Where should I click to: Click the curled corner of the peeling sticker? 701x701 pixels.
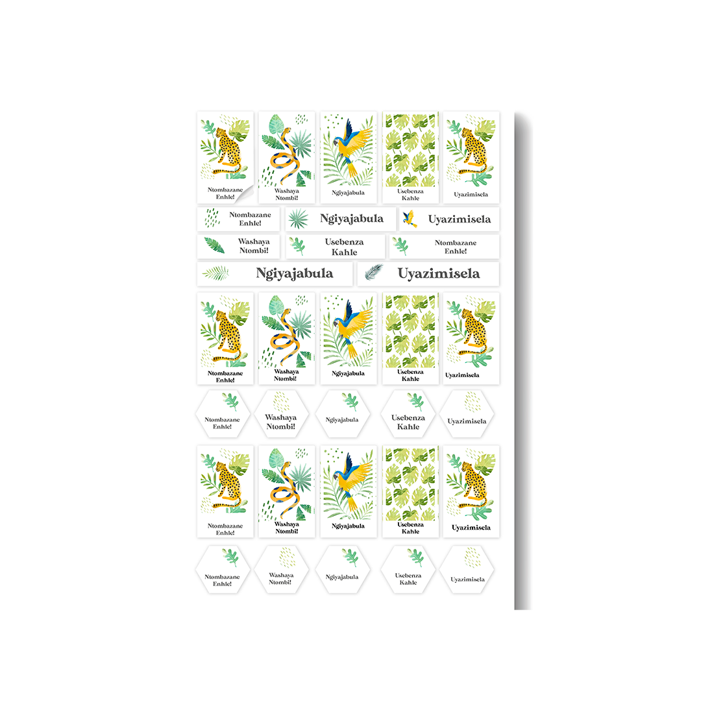pyautogui.click(x=245, y=195)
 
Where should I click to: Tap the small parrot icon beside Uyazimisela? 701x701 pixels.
pyautogui.click(x=410, y=219)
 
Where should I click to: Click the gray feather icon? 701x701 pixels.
pyautogui.click(x=375, y=272)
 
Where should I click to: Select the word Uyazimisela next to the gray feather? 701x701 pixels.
pyautogui.click(x=439, y=274)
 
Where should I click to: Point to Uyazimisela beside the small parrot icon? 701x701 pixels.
pyautogui.click(x=459, y=219)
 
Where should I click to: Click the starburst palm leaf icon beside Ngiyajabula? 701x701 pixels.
pyautogui.click(x=298, y=219)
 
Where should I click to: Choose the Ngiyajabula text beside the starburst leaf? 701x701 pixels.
pyautogui.click(x=351, y=219)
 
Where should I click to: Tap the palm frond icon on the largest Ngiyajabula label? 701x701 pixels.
pyautogui.click(x=215, y=273)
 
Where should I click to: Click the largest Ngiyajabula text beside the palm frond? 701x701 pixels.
pyautogui.click(x=294, y=274)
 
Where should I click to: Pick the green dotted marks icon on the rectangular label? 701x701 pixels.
pyautogui.click(x=212, y=217)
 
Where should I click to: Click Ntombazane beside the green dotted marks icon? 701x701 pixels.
pyautogui.click(x=250, y=215)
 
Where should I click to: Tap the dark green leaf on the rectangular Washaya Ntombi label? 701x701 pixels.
pyautogui.click(x=214, y=245)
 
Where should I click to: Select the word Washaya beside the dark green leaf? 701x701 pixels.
pyautogui.click(x=254, y=241)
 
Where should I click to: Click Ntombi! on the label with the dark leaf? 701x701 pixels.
pyautogui.click(x=254, y=251)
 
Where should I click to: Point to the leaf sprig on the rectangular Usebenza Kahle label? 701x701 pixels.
pyautogui.click(x=297, y=246)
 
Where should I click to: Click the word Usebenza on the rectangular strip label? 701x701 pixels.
pyautogui.click(x=344, y=242)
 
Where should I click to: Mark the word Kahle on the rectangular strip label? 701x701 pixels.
pyautogui.click(x=344, y=252)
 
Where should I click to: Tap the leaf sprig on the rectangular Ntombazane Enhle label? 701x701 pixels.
pyautogui.click(x=400, y=246)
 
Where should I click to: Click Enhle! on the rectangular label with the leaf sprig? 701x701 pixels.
pyautogui.click(x=456, y=251)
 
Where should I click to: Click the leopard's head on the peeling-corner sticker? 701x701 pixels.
pyautogui.click(x=222, y=133)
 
